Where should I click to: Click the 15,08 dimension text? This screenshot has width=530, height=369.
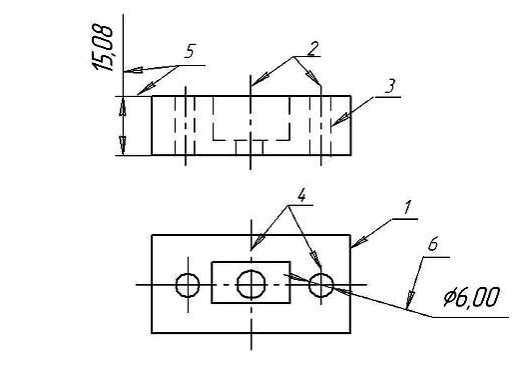pyautogui.click(x=102, y=47)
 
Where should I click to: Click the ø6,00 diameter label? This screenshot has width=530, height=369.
pyautogui.click(x=472, y=297)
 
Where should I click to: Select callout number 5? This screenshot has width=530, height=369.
pyautogui.click(x=191, y=51)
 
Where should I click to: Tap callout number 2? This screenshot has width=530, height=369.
pyautogui.click(x=313, y=48)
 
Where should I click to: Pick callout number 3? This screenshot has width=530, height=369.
pyautogui.click(x=390, y=86)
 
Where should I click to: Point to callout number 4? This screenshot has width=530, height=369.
pyautogui.click(x=301, y=195)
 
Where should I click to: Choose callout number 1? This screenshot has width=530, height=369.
pyautogui.click(x=408, y=207)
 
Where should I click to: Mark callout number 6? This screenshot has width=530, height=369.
pyautogui.click(x=433, y=244)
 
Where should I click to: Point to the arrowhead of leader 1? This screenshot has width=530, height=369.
pyautogui.click(x=358, y=242)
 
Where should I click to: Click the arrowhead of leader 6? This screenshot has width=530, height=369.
pyautogui.click(x=409, y=299)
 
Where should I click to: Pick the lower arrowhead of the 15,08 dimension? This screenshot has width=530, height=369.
pyautogui.click(x=123, y=146)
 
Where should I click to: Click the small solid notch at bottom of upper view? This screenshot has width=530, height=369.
pyautogui.click(x=250, y=148)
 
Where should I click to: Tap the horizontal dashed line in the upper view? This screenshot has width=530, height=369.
pyautogui.click(x=251, y=140)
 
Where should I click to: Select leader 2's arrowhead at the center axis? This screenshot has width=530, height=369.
pyautogui.click(x=260, y=80)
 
